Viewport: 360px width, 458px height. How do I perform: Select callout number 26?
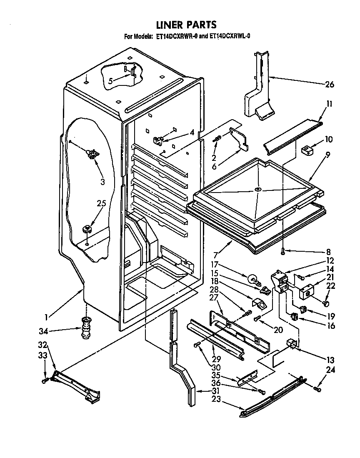pyautogui.click(x=329, y=85)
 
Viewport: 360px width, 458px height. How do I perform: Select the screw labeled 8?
pyautogui.click(x=283, y=250)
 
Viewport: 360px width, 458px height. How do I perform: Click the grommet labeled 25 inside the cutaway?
pyautogui.click(x=87, y=228)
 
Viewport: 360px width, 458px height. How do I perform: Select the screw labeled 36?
pyautogui.click(x=261, y=391)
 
